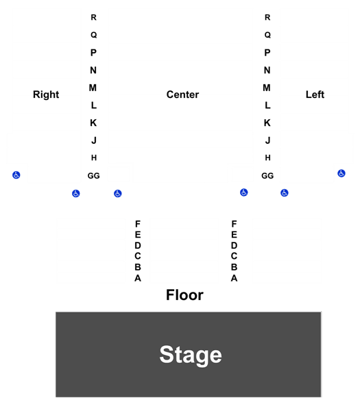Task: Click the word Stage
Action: pos(191,355)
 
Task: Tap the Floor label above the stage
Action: pos(184,295)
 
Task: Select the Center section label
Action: pos(182,95)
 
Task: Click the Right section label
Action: pos(46,95)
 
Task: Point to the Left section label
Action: pos(315,95)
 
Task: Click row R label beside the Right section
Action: pos(94,17)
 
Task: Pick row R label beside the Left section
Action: pos(267,17)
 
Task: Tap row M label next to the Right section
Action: pos(93,88)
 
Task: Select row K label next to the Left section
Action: pos(267,123)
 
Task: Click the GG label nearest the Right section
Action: pos(94,175)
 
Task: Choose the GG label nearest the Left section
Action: pos(267,175)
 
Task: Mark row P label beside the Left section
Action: pos(267,53)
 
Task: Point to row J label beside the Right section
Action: pos(94,140)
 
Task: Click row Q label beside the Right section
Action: pos(94,35)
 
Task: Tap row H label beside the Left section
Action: pos(267,158)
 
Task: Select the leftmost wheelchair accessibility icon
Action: pos(16,175)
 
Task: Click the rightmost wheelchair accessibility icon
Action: pos(341,173)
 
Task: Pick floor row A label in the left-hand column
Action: pos(138,278)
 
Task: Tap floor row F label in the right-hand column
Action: pos(234,224)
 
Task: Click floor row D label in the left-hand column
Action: pos(138,246)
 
